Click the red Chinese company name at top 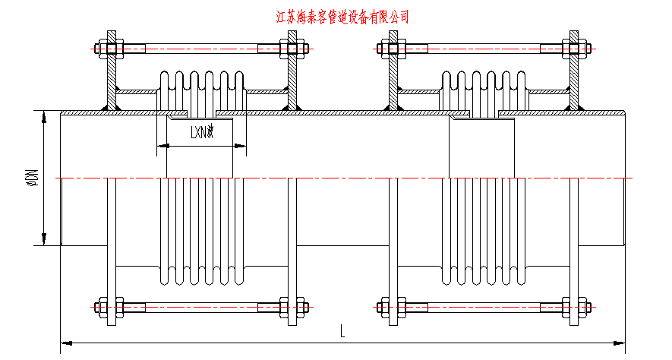(344, 17)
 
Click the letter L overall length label (343, 331)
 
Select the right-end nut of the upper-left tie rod (301, 49)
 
